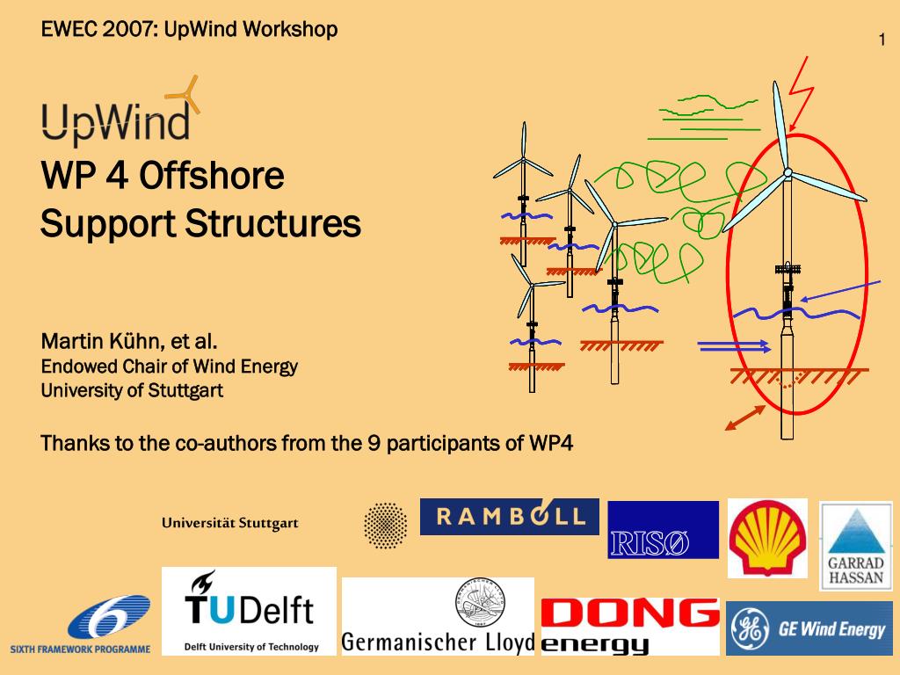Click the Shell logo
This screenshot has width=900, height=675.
(x=767, y=538)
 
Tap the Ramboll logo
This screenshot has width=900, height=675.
(x=510, y=517)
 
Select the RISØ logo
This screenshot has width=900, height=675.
(x=663, y=530)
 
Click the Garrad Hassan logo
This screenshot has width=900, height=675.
(x=856, y=546)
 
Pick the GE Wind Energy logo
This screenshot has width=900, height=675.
(x=809, y=628)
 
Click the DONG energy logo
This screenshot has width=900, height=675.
(x=630, y=626)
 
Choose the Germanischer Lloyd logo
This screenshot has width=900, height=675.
(x=438, y=616)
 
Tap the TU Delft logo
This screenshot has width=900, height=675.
(x=249, y=612)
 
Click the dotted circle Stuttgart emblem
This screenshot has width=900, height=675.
(x=386, y=526)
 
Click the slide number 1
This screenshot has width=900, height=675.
(x=882, y=40)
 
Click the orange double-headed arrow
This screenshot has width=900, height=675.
(x=745, y=417)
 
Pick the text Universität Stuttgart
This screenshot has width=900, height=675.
(x=230, y=523)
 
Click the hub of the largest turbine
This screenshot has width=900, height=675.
(x=787, y=172)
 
